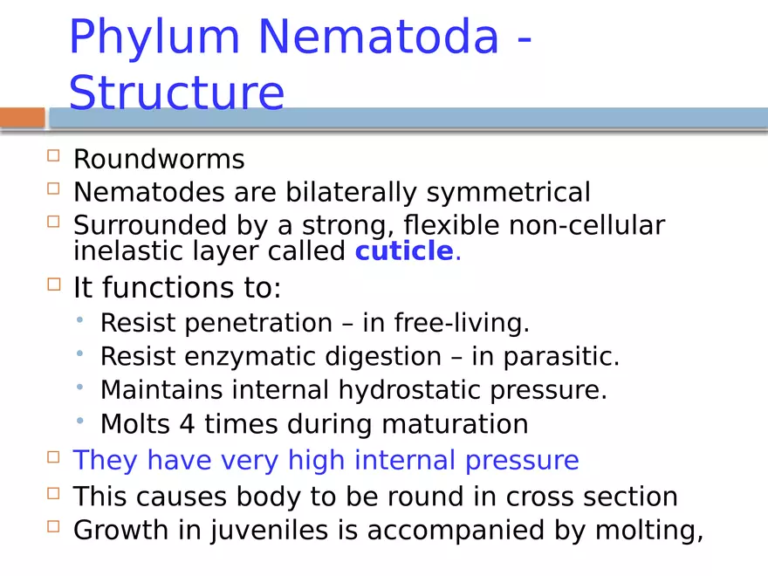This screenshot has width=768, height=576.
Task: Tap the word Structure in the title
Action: [176, 93]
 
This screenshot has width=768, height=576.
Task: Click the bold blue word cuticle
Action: [403, 251]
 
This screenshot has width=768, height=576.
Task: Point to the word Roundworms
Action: [159, 160]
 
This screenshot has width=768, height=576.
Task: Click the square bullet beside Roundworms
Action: [54, 156]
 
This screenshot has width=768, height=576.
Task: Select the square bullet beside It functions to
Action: [54, 284]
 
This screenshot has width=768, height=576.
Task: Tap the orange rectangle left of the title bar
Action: [22, 118]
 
